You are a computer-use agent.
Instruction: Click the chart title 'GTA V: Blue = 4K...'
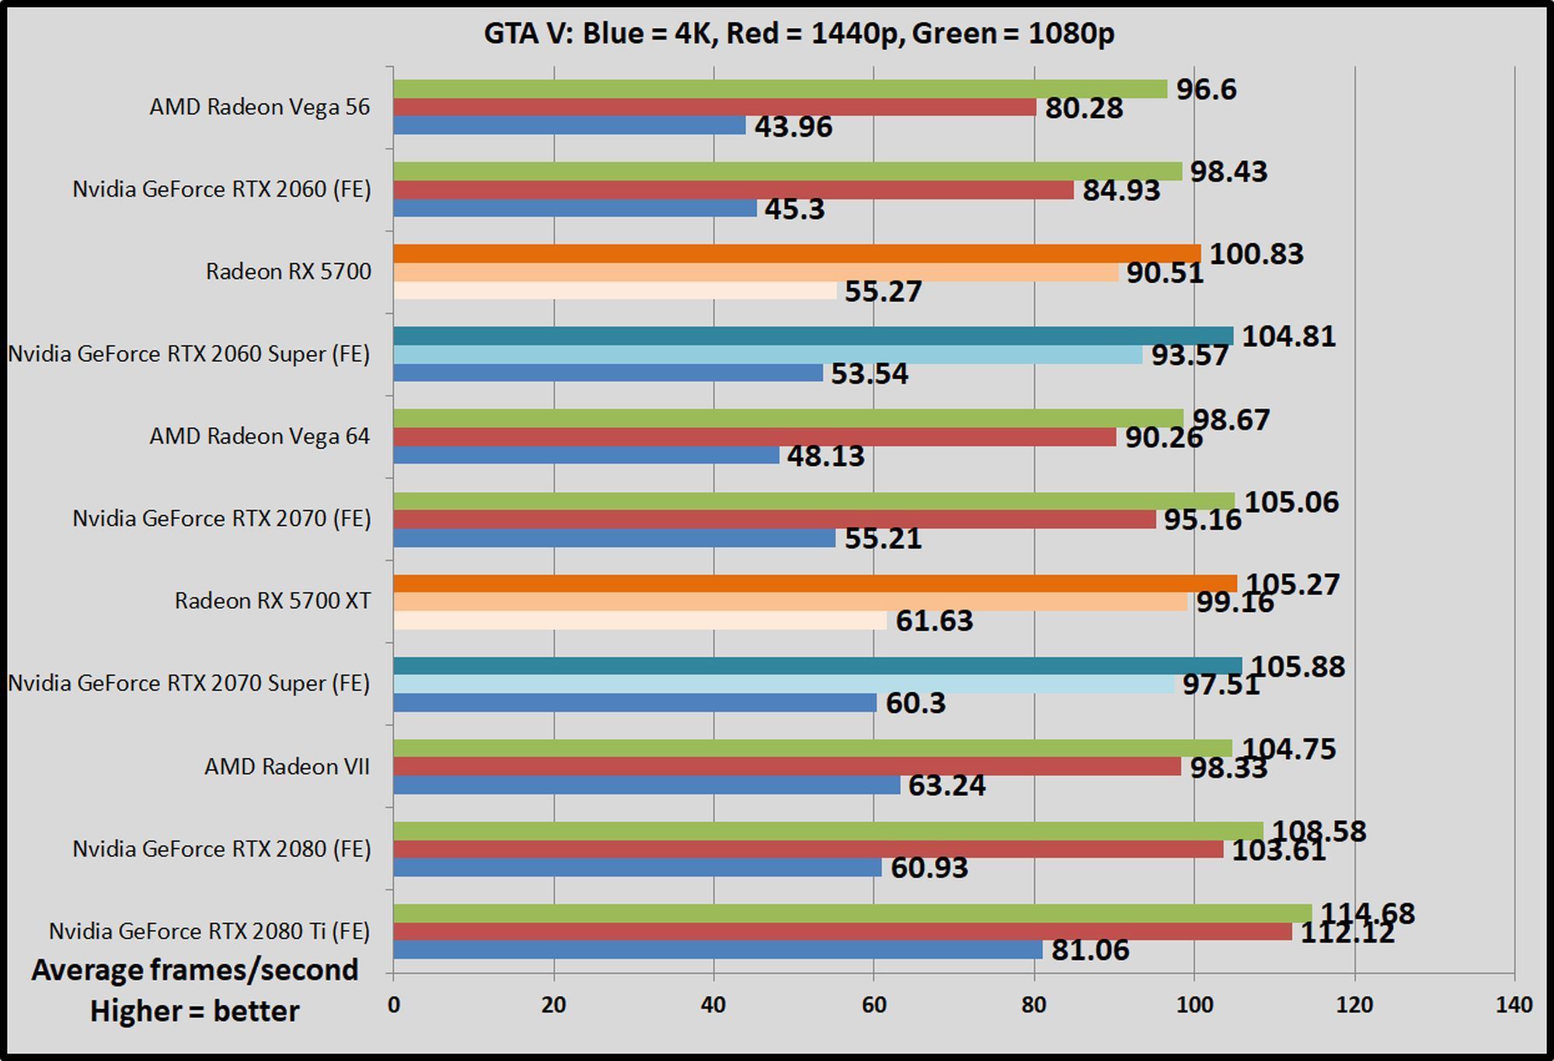pos(799,33)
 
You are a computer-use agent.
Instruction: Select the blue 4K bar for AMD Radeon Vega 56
pos(569,125)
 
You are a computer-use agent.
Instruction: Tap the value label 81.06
pos(1089,949)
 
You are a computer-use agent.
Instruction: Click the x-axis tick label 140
pos(1514,1004)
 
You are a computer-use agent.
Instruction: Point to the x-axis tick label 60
pos(873,1004)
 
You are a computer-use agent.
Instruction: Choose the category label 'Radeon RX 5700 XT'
pos(273,600)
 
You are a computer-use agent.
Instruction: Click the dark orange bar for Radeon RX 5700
pos(796,253)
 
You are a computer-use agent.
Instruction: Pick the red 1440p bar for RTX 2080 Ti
pos(842,931)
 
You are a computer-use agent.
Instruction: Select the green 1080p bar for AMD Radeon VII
pos(812,748)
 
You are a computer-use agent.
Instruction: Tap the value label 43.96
pos(793,127)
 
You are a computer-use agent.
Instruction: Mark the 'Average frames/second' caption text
pos(195,969)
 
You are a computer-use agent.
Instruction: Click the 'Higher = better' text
pos(195,1011)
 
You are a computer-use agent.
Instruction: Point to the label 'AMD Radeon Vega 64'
pos(260,436)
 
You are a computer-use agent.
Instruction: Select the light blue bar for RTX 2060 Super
pos(768,354)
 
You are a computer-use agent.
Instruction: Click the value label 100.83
pos(1256,254)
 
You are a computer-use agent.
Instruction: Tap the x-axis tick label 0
pos(394,1004)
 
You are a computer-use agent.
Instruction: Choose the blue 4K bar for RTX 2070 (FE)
pos(614,537)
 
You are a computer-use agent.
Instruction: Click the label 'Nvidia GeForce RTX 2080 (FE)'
pos(221,848)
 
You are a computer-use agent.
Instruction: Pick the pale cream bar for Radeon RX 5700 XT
pos(639,621)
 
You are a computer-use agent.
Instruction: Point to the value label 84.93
pos(1120,190)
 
